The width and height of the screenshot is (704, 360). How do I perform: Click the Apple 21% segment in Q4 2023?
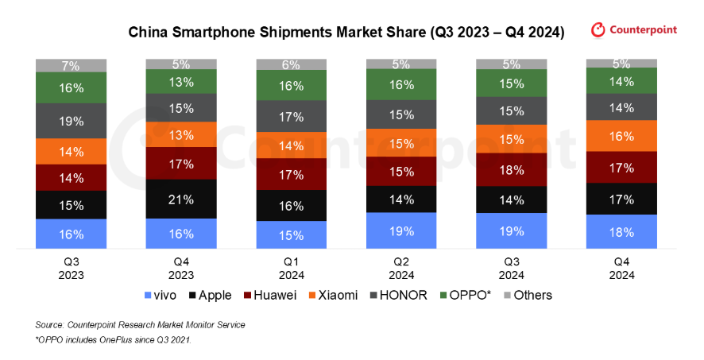181,199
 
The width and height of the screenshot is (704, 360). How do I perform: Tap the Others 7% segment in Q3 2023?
72,64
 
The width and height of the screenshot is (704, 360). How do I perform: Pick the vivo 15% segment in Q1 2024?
292,234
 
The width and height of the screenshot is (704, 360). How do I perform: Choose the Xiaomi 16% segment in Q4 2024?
621,136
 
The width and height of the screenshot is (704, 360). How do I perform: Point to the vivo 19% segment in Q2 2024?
401,230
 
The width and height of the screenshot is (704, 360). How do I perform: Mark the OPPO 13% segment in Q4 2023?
181,82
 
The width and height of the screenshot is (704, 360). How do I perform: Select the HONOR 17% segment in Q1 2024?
292,116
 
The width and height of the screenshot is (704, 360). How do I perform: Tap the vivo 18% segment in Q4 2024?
621,232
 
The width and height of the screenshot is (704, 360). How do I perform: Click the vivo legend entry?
161,295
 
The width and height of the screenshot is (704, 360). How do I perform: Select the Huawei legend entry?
270,295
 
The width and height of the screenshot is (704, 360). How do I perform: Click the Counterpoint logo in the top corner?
634,30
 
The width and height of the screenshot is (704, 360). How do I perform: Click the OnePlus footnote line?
113,340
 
